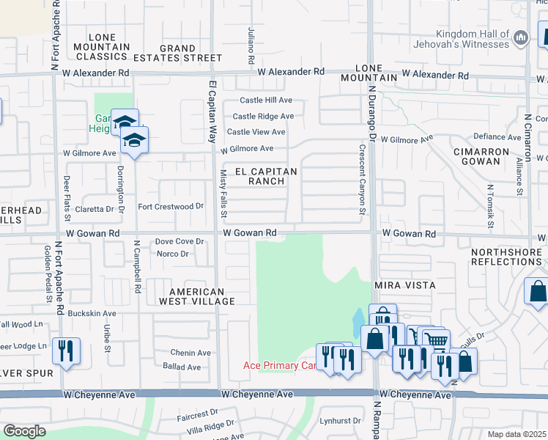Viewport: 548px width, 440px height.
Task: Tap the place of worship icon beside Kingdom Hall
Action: pyautogui.click(x=521, y=37)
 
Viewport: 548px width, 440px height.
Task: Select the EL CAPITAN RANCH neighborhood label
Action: pyautogui.click(x=266, y=176)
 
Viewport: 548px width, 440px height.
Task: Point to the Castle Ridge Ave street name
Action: pyautogui.click(x=263, y=116)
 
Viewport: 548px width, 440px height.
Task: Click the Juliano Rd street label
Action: pyautogui.click(x=251, y=47)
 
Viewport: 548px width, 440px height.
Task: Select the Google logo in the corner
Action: pyautogui.click(x=24, y=431)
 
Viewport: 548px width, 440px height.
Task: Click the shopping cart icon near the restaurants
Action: pyautogui.click(x=436, y=341)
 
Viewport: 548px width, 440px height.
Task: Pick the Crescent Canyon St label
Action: pyautogui.click(x=362, y=179)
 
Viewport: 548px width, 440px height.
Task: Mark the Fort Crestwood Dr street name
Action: pyautogui.click(x=170, y=207)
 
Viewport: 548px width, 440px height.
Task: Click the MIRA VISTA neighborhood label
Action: pyautogui.click(x=404, y=285)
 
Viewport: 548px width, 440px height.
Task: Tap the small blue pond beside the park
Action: pyautogui.click(x=357, y=320)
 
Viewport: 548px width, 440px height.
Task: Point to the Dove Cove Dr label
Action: pyautogui.click(x=179, y=241)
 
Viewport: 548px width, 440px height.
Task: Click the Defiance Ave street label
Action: pyautogui.click(x=497, y=136)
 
